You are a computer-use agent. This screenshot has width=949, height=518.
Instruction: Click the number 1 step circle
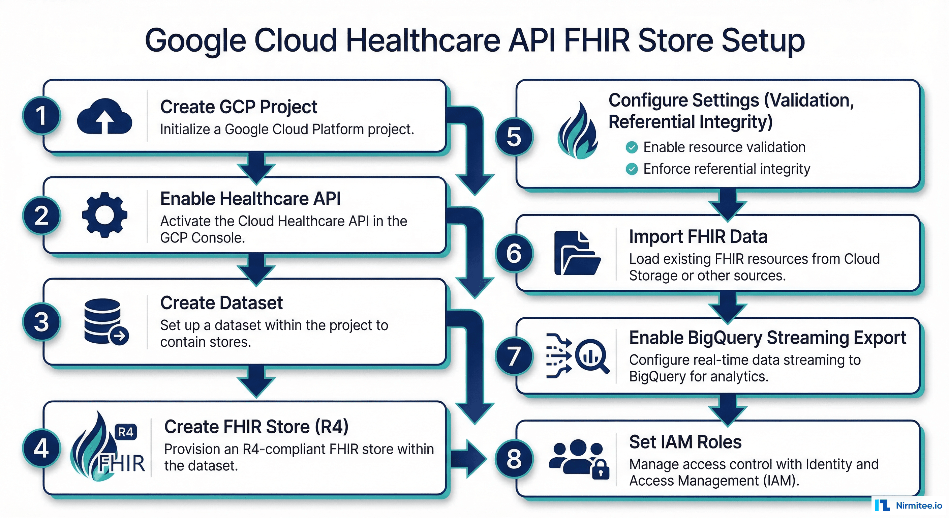tap(41, 115)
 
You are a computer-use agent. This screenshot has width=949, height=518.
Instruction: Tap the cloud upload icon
tap(104, 116)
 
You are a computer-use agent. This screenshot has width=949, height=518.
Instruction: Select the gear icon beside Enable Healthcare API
tap(104, 215)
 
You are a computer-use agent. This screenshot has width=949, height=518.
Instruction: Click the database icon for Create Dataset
tap(106, 322)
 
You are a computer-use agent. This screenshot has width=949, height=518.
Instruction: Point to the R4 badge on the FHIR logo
tap(126, 432)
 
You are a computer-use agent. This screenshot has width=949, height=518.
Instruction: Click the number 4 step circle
tap(41, 448)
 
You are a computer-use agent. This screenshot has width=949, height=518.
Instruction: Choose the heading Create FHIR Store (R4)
tap(256, 427)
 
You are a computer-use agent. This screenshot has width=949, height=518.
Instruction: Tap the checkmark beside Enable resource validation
tap(632, 147)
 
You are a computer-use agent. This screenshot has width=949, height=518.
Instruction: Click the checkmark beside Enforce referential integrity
tap(632, 169)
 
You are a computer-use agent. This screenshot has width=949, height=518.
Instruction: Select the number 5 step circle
tap(514, 137)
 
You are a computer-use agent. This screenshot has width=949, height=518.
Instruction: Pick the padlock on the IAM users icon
tap(601, 469)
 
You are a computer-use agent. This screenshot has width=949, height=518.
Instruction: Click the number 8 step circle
tap(514, 459)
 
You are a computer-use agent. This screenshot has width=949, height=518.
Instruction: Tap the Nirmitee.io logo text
tap(919, 506)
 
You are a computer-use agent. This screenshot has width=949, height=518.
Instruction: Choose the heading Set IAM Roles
tap(685, 442)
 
